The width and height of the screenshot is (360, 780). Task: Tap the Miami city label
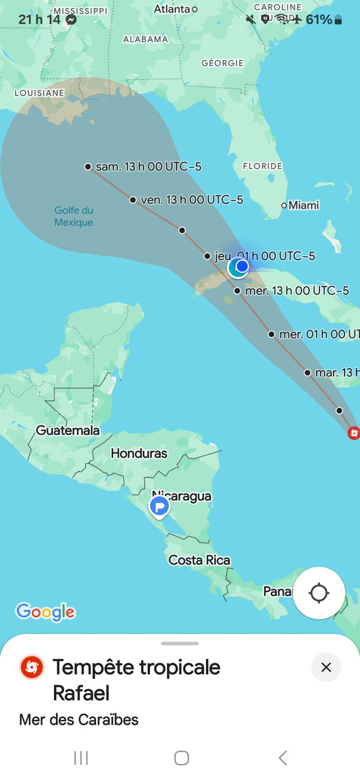(303, 205)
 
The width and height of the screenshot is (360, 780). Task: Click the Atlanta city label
(172, 9)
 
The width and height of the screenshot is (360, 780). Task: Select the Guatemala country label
(68, 430)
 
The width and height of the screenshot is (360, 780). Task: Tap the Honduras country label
(139, 453)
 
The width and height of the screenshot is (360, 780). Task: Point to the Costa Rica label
(199, 560)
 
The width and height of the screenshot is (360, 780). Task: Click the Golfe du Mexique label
(74, 216)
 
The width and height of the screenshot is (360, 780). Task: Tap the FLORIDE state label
(262, 165)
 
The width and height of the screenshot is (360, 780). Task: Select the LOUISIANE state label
(39, 93)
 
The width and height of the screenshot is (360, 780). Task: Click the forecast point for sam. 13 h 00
(88, 166)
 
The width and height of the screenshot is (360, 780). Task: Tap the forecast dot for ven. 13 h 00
(133, 199)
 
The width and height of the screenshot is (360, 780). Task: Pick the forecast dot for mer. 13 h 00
(237, 291)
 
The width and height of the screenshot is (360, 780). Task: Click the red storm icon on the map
(353, 433)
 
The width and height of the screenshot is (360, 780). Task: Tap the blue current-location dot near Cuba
(241, 266)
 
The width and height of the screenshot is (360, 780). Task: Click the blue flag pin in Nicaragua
(159, 506)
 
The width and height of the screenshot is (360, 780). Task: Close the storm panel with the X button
(326, 667)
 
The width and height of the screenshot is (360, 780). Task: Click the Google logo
(45, 612)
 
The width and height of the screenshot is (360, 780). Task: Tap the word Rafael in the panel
(81, 693)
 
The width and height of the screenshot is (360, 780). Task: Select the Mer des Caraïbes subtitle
(78, 719)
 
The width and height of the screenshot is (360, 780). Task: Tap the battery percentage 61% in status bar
(319, 20)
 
